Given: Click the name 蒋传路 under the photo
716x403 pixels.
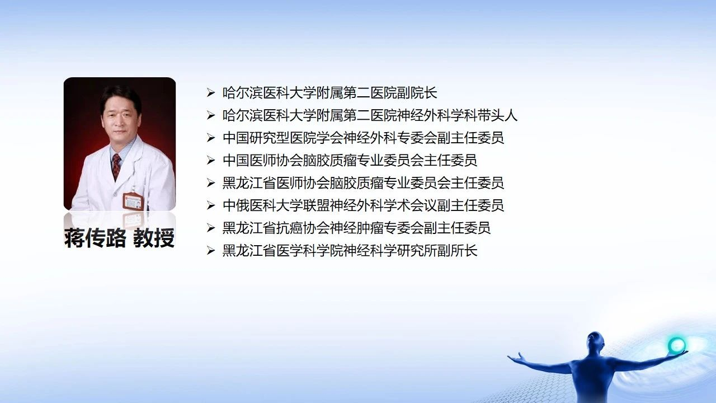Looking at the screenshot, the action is coord(95,238).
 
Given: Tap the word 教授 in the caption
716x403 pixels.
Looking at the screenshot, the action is coord(154,238).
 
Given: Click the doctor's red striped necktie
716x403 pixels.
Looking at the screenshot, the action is coord(116,166).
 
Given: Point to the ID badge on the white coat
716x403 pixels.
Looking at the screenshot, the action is coord(134,201).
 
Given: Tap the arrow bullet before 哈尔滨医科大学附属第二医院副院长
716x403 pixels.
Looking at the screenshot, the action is coord(211,93).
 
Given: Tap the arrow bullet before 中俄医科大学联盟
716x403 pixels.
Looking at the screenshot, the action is coord(211,205).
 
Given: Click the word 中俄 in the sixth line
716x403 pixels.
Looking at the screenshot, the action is coord(236,205).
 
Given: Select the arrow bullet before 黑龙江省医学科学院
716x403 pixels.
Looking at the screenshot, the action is coord(211,250).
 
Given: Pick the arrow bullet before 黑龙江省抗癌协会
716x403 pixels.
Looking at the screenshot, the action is coord(211,228).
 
